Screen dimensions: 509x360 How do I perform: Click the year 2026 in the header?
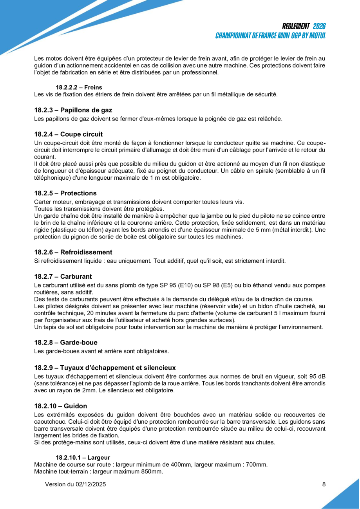tap(319, 26)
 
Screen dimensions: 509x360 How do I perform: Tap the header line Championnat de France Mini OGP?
tap(270, 36)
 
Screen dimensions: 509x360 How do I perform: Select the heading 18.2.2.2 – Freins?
tap(79, 87)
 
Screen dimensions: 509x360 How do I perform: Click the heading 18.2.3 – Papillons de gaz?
tap(73, 110)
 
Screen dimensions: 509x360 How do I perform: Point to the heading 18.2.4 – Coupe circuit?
tap(69, 134)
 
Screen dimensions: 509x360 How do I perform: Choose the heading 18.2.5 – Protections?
tap(65, 193)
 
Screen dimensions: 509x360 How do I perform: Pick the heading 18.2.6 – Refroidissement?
tap(73, 252)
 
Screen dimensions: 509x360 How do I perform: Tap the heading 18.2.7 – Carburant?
tap(63, 277)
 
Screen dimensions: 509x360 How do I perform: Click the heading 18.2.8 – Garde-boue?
tap(66, 343)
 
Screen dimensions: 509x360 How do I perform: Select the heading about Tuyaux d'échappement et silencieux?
tap(105, 367)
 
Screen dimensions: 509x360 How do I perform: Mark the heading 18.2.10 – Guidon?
tap(60, 406)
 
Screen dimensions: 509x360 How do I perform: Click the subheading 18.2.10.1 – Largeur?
tap(83, 457)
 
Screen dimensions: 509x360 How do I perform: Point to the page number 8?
tap(324, 484)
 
